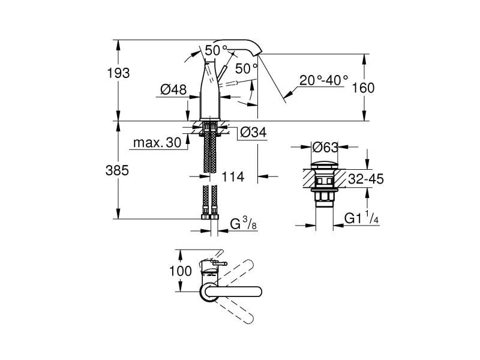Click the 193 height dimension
pos(119,73)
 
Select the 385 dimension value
pos(119,170)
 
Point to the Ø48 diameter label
pos(172,89)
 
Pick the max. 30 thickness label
pos(155,143)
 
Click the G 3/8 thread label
pos(243,225)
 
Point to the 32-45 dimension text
pos(366,179)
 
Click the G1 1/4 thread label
pos(361,220)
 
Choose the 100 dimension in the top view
pos(180,271)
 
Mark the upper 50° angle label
pos(216,50)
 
